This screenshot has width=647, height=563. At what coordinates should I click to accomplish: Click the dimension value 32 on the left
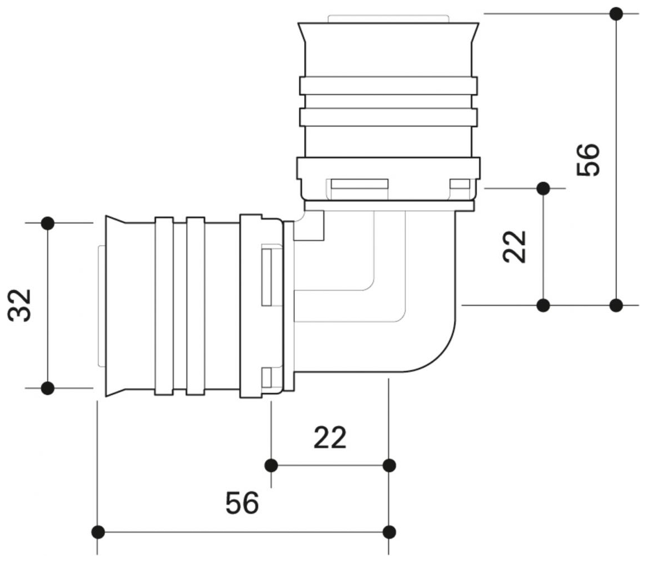[20, 306]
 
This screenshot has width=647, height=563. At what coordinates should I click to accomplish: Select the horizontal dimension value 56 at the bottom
[242, 503]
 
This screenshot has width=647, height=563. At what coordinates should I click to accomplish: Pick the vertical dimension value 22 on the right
[514, 246]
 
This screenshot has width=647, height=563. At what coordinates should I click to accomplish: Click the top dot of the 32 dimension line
[48, 223]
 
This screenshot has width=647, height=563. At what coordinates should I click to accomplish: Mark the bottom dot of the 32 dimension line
[48, 388]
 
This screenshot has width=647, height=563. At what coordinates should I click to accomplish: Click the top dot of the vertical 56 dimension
[616, 14]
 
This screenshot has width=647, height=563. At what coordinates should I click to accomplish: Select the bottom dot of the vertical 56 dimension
[616, 306]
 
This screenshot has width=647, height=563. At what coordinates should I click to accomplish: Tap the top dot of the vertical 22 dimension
[543, 189]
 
